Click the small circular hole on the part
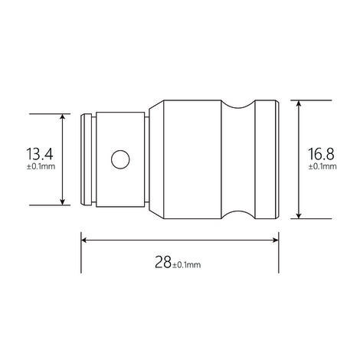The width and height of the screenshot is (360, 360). coord(119,159)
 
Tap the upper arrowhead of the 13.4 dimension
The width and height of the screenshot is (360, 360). coord(62,117)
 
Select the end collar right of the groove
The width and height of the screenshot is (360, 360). coord(263,159)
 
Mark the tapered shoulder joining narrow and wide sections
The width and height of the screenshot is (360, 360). coord(155,159)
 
